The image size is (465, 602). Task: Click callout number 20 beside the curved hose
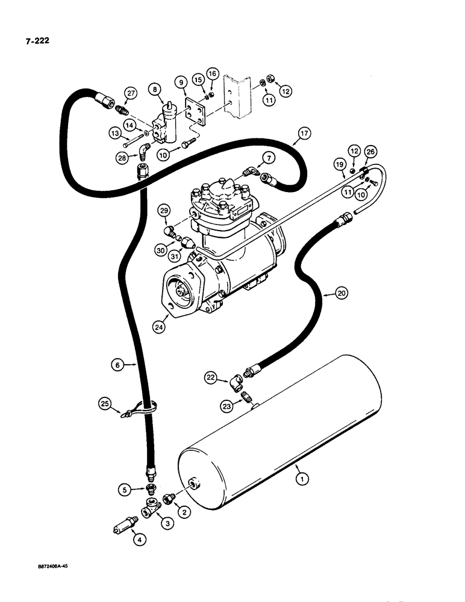[x=341, y=294]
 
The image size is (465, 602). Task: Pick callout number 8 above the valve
[x=158, y=91]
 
